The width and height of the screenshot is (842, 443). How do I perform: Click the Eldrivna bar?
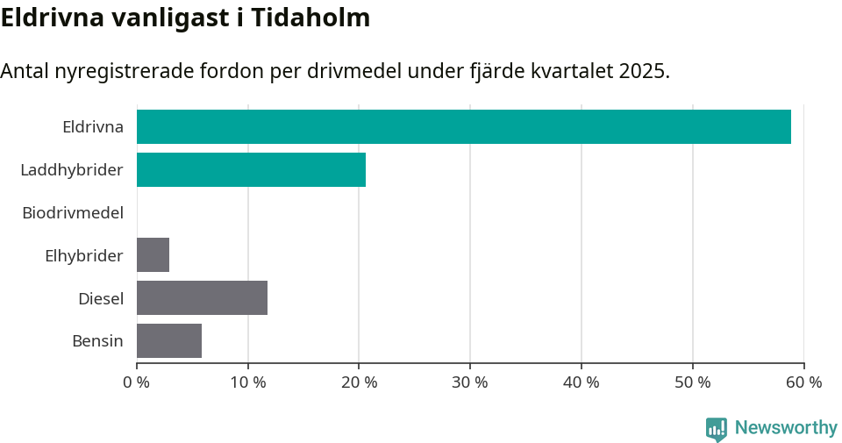coord(463,126)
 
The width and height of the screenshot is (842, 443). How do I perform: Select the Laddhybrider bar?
coord(251,169)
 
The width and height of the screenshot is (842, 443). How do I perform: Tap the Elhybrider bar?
coord(153,255)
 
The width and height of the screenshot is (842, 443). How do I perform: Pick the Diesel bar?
coord(202,298)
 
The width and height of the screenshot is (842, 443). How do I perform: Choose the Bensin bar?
coord(169,340)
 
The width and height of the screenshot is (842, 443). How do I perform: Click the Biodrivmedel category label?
coord(73,213)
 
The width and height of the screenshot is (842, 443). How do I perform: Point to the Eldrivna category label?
coord(93,127)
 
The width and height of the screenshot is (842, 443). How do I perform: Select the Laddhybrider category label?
coord(72,170)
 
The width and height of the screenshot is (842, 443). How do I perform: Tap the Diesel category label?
coord(101,299)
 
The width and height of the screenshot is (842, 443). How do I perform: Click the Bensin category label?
coord(97,341)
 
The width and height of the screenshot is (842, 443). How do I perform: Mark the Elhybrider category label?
coord(84,256)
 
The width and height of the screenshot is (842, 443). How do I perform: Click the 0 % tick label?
coord(137,382)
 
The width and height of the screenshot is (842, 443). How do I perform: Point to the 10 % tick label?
coord(248,382)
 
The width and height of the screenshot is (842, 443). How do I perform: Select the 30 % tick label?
coord(470,382)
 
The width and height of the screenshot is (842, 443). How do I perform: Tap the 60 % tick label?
coord(803,382)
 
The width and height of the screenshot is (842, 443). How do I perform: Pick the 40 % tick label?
coord(582,382)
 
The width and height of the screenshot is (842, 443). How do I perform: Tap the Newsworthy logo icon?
coord(716,428)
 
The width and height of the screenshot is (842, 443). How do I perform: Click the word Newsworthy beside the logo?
coord(786,428)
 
